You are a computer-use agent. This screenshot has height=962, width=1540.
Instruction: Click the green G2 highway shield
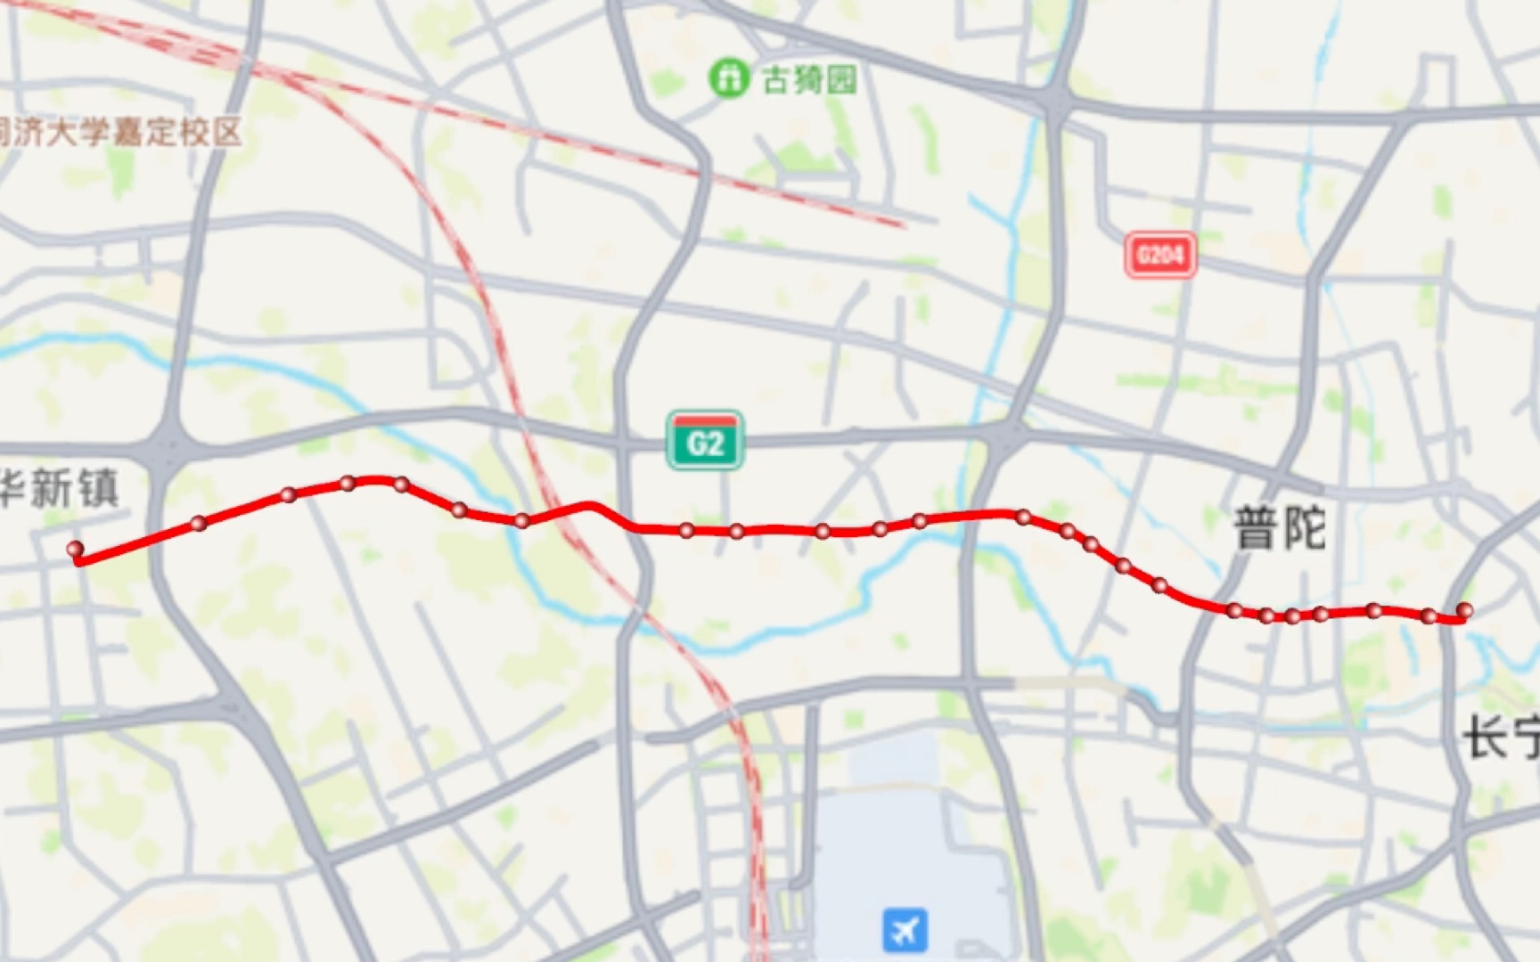click(704, 441)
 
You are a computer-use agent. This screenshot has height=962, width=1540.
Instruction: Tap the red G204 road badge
click(1159, 256)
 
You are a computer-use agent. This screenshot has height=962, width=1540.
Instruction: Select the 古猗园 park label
click(809, 80)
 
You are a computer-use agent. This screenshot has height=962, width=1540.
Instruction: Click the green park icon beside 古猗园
click(728, 78)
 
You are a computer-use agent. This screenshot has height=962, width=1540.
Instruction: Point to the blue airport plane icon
click(905, 930)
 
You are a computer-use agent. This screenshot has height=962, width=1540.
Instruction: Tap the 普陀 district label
click(1280, 528)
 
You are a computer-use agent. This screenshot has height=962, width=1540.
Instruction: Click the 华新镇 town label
click(59, 489)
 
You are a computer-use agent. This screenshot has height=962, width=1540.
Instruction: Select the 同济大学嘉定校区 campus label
click(120, 133)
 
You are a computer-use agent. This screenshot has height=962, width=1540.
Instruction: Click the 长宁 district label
click(1503, 738)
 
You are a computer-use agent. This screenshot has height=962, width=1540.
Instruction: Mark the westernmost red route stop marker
click(76, 550)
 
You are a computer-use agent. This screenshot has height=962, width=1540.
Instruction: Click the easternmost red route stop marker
click(1464, 610)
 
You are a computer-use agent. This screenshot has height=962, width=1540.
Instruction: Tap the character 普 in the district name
click(1256, 528)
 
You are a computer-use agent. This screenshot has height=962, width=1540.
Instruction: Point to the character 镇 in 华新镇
click(98, 489)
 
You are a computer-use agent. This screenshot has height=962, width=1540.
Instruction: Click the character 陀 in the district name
click(1304, 528)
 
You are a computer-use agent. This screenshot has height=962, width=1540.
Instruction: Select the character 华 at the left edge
click(11, 489)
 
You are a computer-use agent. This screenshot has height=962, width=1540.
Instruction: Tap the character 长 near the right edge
click(1485, 738)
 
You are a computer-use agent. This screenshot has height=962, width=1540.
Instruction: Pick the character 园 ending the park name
click(841, 80)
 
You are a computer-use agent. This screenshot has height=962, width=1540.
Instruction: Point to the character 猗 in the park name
click(809, 80)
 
